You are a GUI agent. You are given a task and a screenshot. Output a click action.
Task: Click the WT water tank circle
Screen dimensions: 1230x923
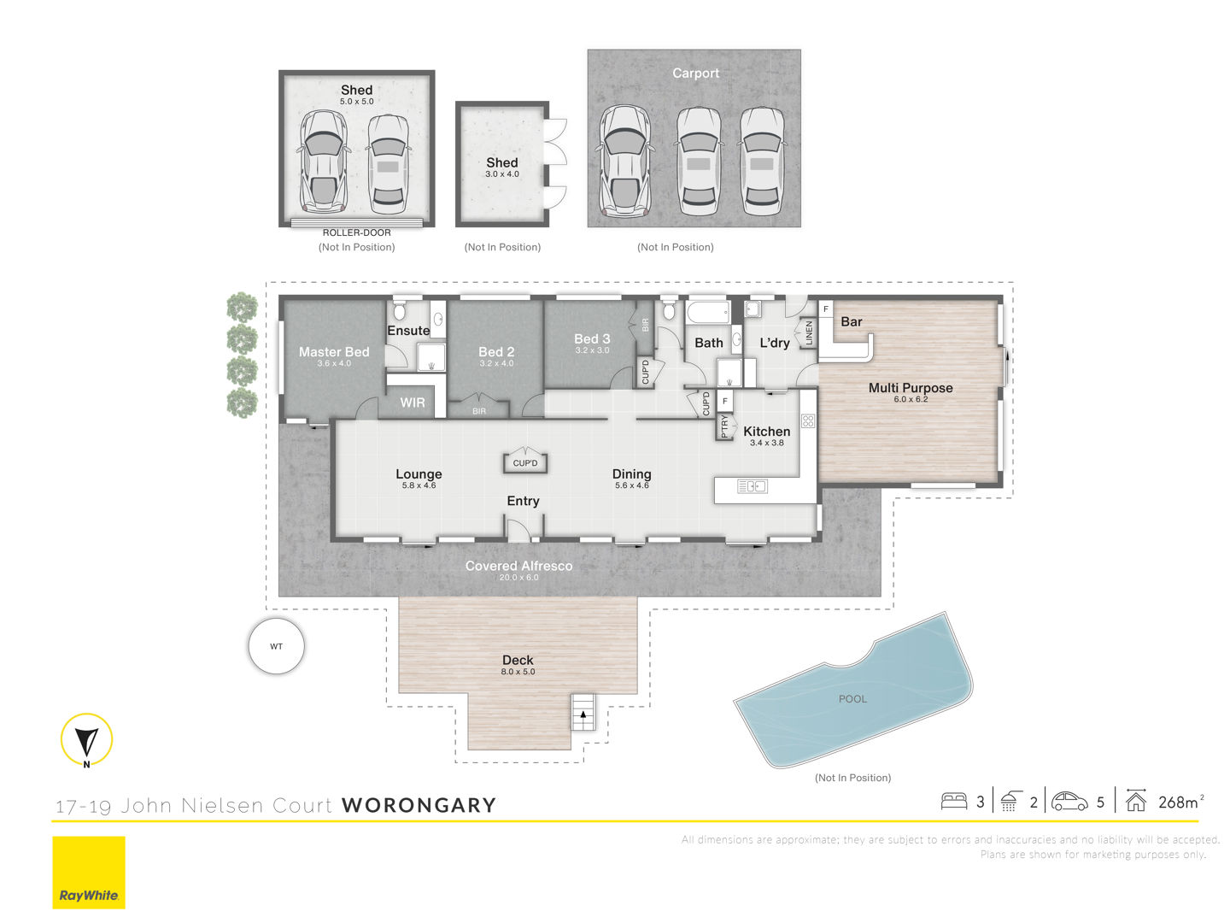[x=276, y=645]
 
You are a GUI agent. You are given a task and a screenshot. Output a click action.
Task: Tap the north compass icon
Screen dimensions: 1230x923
[x=86, y=739]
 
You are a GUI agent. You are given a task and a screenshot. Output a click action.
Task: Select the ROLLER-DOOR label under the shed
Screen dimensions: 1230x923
[x=356, y=232]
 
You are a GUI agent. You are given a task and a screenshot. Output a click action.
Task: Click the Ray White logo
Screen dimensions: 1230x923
[x=89, y=872]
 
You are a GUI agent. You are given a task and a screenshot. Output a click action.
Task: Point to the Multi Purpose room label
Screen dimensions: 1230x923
[x=910, y=387]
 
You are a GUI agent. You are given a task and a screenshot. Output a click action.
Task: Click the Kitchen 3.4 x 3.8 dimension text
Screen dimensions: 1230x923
[x=766, y=443]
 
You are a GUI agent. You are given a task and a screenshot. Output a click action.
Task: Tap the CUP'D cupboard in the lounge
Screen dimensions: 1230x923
[x=525, y=461]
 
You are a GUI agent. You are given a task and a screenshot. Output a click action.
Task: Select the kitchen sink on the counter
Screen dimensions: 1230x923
[x=752, y=486]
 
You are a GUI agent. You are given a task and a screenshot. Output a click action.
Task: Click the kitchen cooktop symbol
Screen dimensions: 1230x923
[x=807, y=420]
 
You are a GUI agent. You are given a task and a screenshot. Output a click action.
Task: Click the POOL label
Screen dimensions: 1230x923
[x=852, y=699]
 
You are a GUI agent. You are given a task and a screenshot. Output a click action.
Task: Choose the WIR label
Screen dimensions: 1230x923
[x=412, y=403]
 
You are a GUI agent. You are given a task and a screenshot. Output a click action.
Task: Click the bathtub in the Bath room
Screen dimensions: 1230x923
[x=708, y=312]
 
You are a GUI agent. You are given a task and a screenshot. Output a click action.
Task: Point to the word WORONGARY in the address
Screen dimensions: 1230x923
[x=419, y=805]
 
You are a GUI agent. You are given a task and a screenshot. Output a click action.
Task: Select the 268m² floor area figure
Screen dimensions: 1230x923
[x=1180, y=802]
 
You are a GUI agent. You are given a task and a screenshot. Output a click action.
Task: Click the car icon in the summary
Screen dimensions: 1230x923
[x=1069, y=802]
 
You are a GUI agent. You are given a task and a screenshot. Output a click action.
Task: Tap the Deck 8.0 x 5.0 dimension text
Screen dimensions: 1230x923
[x=518, y=672]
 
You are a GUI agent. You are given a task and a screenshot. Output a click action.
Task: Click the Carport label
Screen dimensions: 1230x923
[x=695, y=73]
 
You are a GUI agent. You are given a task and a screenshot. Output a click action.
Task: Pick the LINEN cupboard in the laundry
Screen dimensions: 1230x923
[x=808, y=333]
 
